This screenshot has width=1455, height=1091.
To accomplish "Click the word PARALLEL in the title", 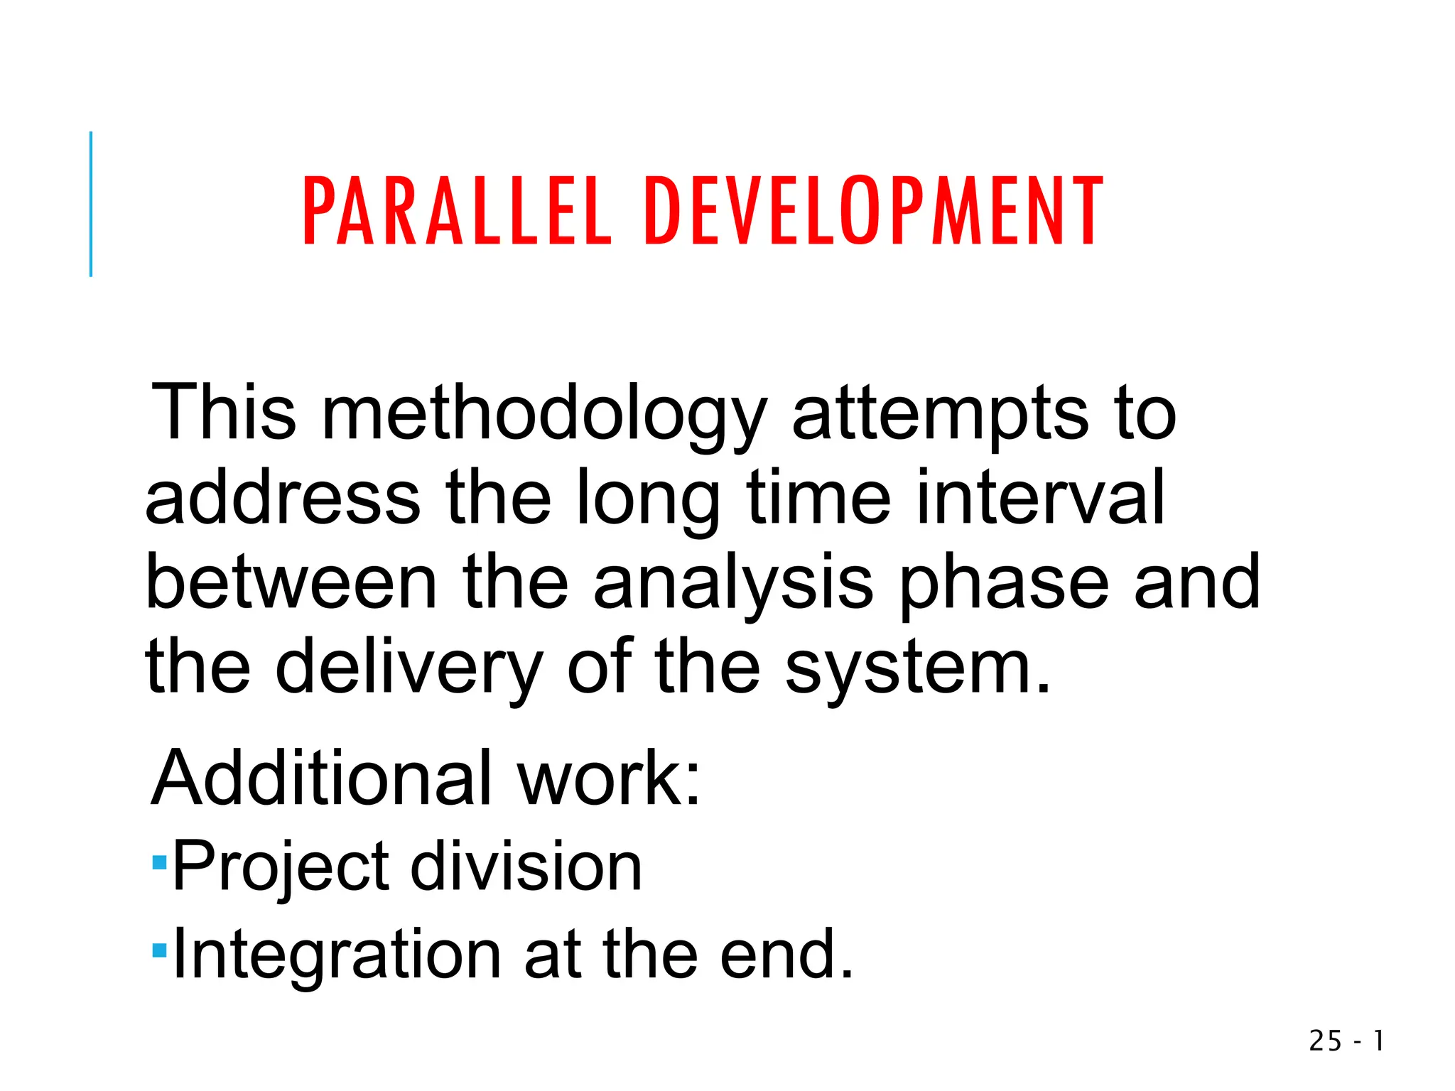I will coord(457,211).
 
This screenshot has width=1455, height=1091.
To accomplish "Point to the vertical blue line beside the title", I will coord(91,204).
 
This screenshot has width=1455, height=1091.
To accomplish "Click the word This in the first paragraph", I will coord(223,412).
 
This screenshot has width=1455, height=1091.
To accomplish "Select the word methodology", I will coord(544,416).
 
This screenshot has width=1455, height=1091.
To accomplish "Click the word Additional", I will coord(322,778).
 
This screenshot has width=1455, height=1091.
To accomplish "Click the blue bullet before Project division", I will coord(159,863).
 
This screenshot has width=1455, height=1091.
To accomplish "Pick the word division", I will coord(526,867).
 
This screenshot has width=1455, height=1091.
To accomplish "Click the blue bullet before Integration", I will coord(159,950).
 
